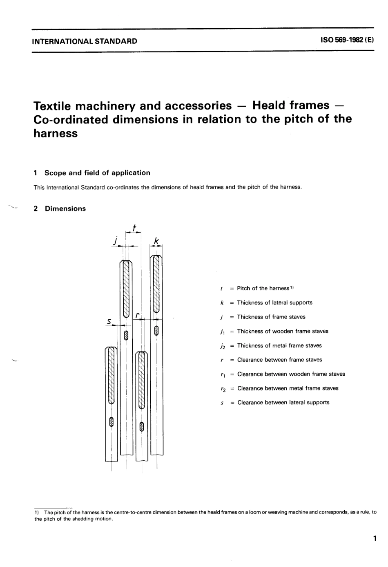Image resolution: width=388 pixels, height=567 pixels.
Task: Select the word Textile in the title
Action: [x=54, y=106]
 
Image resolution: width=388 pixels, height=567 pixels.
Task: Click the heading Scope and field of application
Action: [x=97, y=173]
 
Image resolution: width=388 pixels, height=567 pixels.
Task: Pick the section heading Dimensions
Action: [x=65, y=208]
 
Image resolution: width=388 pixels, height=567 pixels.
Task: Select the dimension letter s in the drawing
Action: [x=109, y=321]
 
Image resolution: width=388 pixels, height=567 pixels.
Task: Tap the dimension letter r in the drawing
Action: [x=137, y=315]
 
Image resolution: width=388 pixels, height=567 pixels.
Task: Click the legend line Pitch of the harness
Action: [x=263, y=288]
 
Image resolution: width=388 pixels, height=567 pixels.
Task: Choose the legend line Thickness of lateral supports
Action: [x=274, y=303]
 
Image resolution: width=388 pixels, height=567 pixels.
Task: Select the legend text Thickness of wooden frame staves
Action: [x=283, y=331]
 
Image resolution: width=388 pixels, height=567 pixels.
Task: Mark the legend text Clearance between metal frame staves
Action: [x=288, y=388]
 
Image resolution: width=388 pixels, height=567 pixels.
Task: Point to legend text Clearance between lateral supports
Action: [x=283, y=403]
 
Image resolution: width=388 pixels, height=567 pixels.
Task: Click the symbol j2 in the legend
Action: [x=222, y=346]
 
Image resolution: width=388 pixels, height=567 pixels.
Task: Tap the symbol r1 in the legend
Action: [x=222, y=374]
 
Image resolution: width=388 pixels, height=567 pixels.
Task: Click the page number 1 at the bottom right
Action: [x=375, y=538]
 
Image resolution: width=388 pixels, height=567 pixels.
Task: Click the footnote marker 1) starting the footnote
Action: [x=37, y=512]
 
